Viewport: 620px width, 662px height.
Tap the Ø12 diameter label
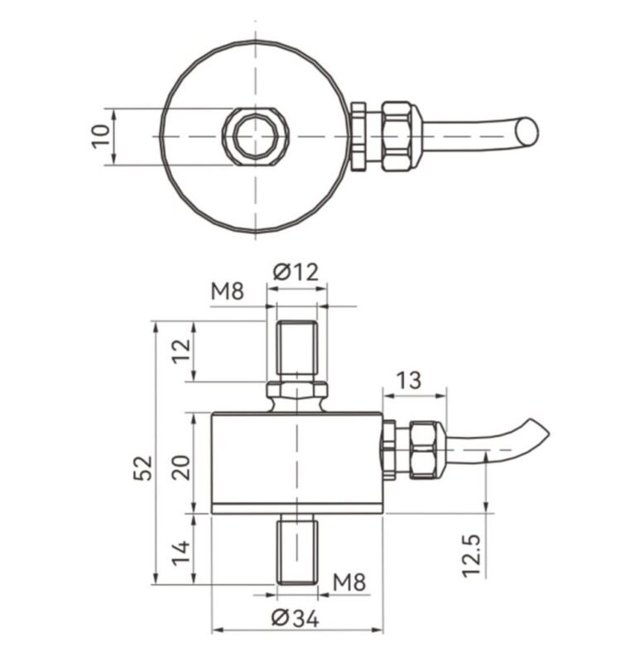click(x=296, y=270)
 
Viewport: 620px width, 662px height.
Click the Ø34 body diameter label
click(x=296, y=617)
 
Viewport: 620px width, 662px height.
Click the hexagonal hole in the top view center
click(x=255, y=136)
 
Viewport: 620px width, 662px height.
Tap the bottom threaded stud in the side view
click(x=297, y=549)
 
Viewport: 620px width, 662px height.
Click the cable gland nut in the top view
click(x=401, y=136)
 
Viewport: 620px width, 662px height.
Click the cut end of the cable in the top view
click(x=526, y=132)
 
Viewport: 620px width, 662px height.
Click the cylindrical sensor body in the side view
click(x=296, y=459)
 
